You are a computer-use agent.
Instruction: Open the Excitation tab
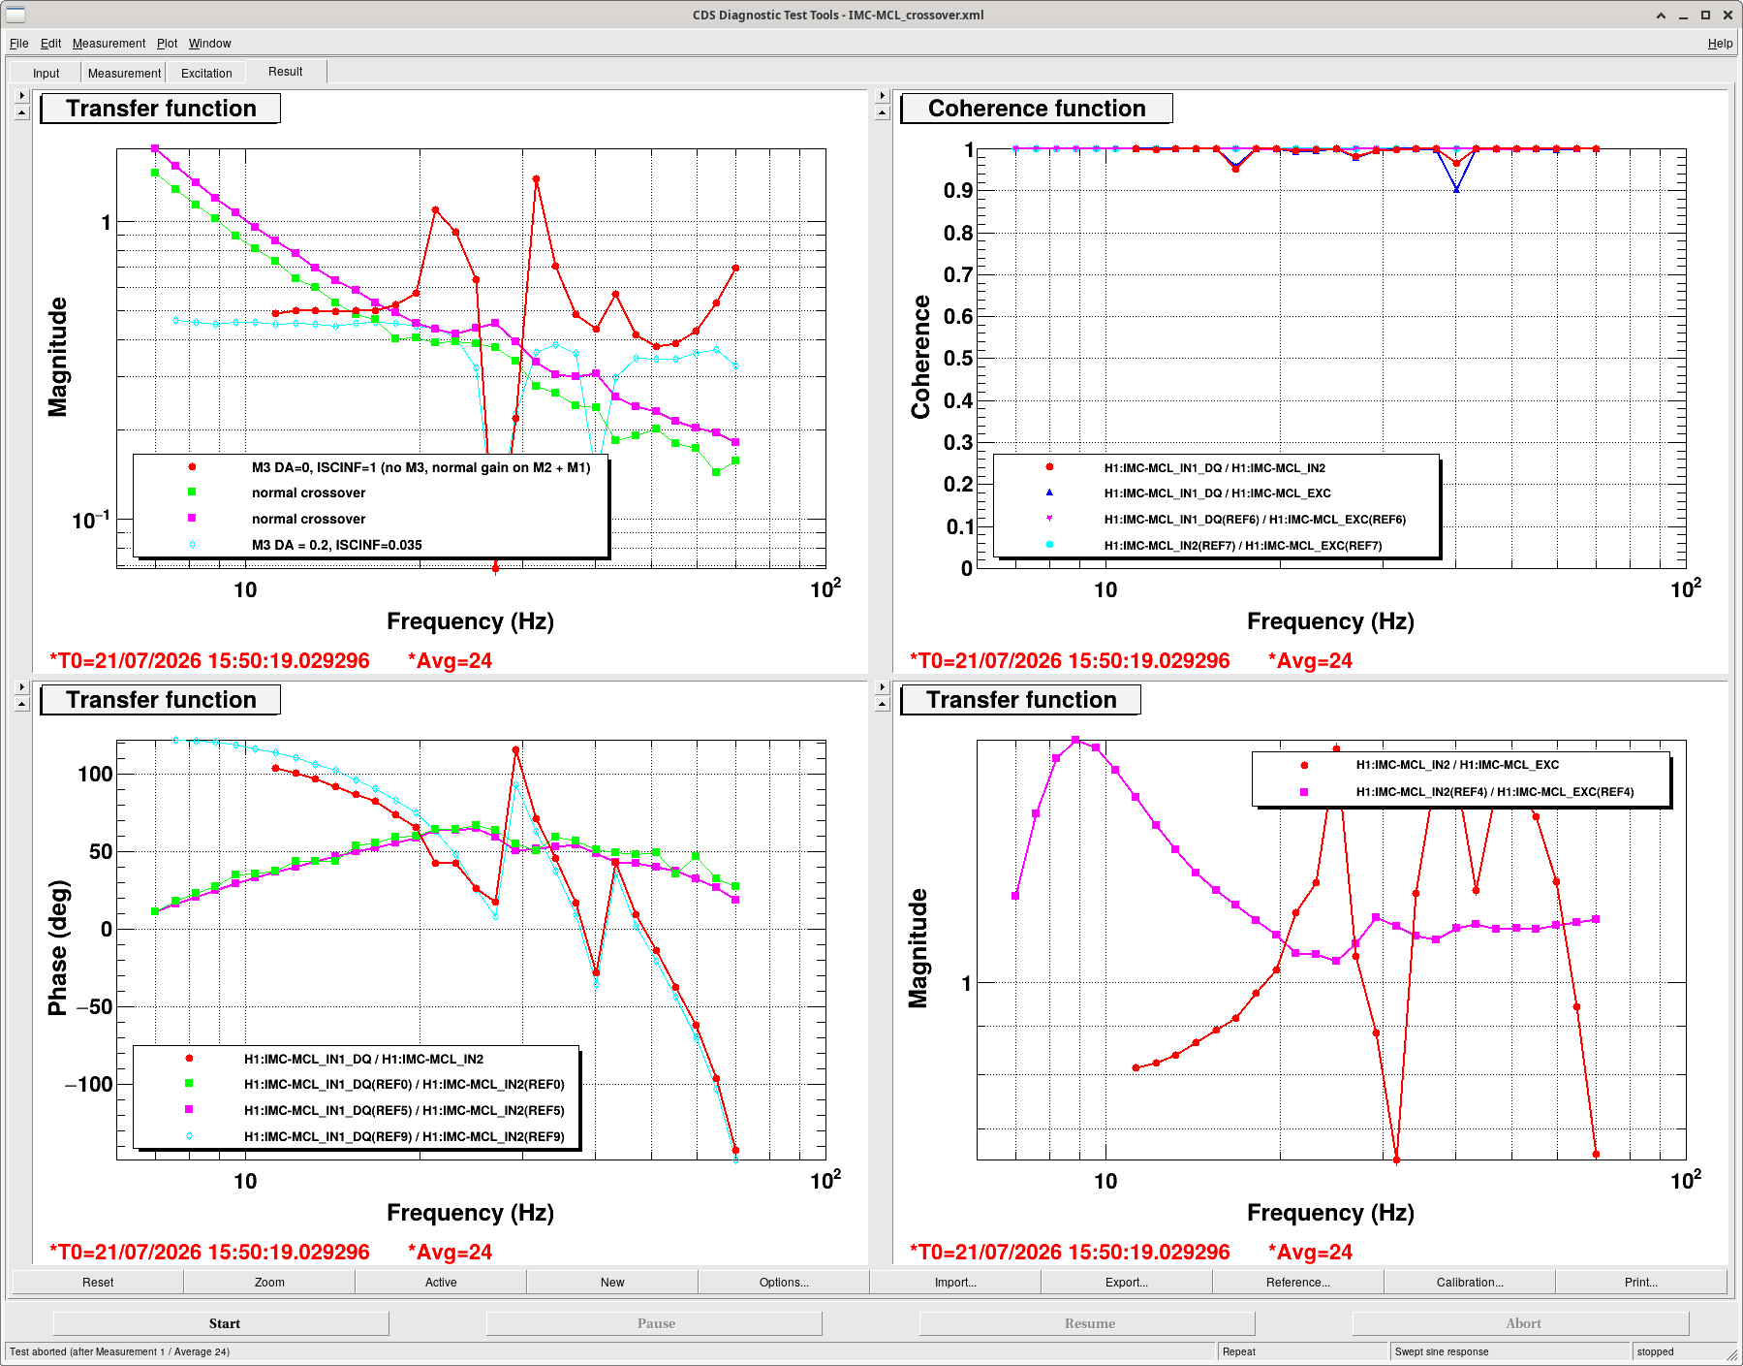206,73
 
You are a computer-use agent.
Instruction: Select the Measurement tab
124,73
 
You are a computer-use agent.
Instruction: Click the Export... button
1126,1282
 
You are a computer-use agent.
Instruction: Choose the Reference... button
1297,1282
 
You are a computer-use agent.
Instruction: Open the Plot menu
167,44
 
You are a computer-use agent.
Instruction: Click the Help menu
1720,44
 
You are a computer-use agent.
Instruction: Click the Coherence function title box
1037,109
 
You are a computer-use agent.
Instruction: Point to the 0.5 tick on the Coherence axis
958,359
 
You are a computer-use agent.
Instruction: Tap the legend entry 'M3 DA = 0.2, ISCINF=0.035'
336,545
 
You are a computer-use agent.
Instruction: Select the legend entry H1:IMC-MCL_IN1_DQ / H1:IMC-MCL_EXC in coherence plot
1217,493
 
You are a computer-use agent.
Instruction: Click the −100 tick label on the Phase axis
88,1084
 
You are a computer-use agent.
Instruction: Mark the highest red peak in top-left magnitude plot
536,179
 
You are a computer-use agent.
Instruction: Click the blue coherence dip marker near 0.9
1456,189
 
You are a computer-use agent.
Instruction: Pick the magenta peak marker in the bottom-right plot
1075,741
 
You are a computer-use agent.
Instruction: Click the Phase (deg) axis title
58,947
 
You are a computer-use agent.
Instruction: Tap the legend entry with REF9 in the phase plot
404,1136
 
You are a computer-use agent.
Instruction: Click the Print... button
1640,1282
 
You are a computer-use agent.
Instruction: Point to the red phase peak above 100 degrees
515,750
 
